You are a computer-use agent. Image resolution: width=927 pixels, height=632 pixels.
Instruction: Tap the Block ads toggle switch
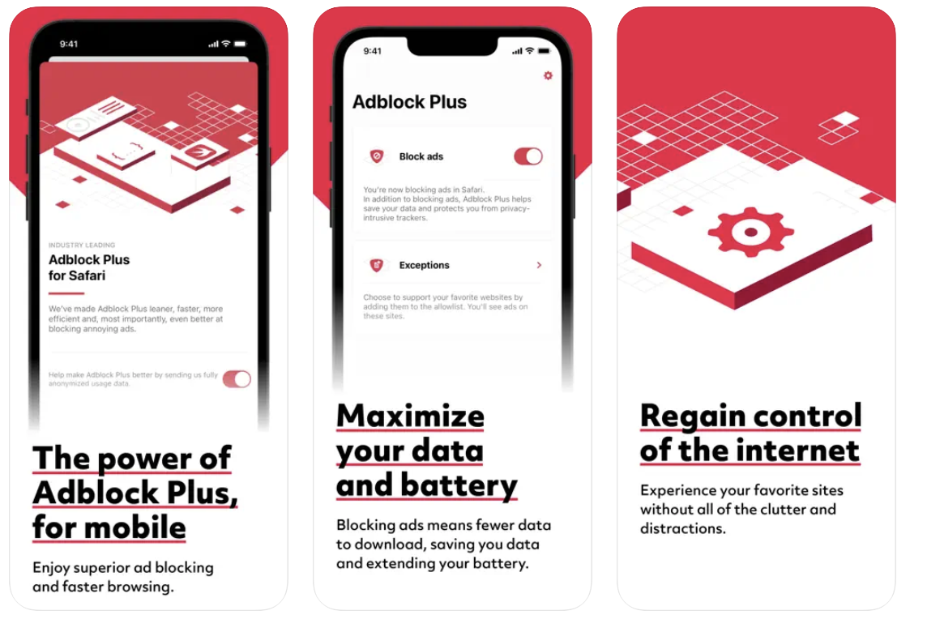tap(528, 156)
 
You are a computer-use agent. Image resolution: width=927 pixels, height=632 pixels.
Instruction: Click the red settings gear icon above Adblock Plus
tap(548, 75)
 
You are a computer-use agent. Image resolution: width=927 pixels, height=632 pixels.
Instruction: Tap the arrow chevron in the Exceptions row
tap(539, 265)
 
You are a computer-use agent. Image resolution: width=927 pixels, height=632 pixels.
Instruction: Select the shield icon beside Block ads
tap(377, 156)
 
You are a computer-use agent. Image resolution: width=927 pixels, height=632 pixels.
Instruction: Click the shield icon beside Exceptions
tap(377, 265)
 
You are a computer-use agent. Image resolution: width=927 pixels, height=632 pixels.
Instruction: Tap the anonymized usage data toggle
tap(237, 379)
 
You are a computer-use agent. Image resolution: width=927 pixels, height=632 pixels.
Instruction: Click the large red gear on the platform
tap(751, 231)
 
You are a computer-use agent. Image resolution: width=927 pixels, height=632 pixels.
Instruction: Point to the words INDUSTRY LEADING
tap(82, 245)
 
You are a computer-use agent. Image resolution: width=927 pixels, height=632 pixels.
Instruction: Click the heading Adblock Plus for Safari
tap(89, 267)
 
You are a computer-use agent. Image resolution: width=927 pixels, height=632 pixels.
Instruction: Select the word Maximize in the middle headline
tap(410, 416)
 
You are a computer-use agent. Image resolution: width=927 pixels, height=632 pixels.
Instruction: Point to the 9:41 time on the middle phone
tap(373, 51)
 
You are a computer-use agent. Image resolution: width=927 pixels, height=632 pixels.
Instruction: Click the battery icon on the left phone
tap(240, 44)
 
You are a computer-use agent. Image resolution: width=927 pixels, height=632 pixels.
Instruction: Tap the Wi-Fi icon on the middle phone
tap(530, 51)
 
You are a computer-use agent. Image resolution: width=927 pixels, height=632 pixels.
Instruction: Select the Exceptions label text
tap(425, 266)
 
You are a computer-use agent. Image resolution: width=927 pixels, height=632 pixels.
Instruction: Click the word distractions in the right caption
tap(683, 528)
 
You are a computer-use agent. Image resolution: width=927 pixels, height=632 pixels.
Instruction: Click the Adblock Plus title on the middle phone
tap(410, 102)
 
